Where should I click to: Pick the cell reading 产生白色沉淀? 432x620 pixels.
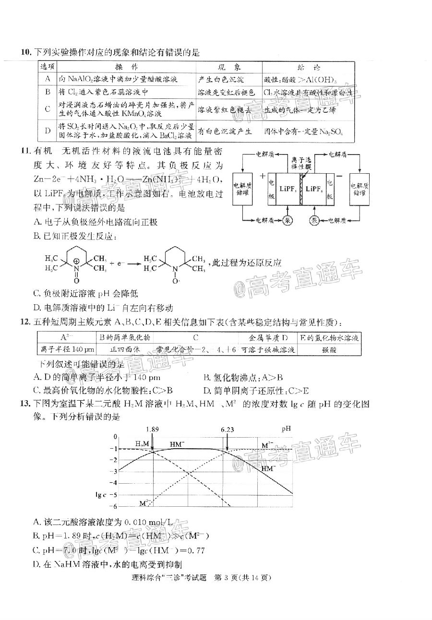point(221,79)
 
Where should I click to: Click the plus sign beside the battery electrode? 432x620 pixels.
point(263,175)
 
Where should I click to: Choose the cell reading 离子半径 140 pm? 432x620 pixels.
point(66,350)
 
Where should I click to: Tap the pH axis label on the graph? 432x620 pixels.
point(286,428)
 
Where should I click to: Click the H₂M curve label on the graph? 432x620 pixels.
point(142,443)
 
